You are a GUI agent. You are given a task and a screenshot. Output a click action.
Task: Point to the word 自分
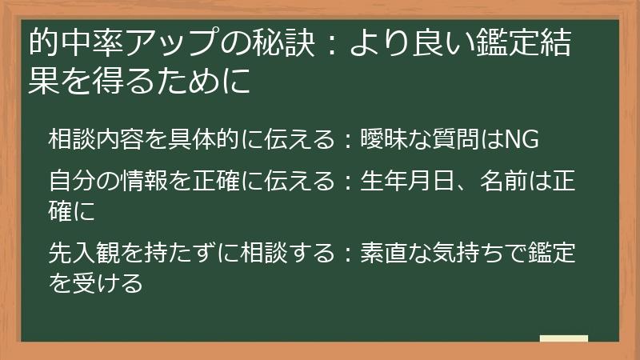tap(72, 181)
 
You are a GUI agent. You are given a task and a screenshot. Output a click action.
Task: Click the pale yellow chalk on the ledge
tap(564, 338)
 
